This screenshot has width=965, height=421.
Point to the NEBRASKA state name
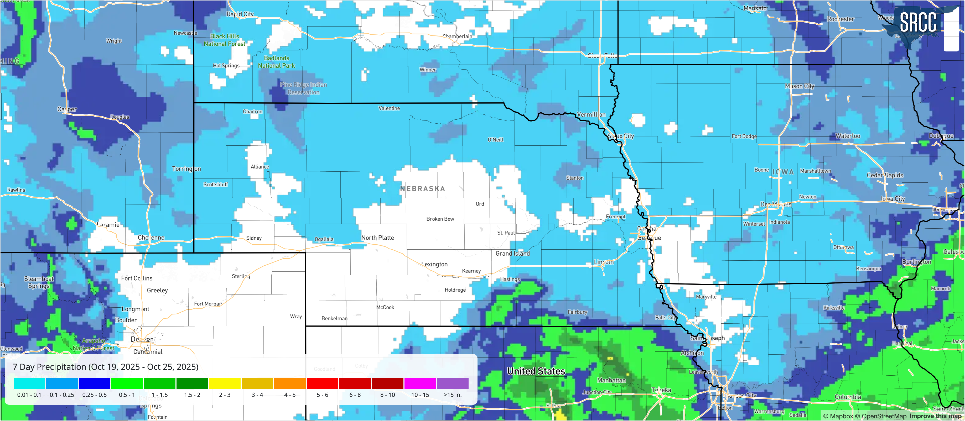(x=423, y=189)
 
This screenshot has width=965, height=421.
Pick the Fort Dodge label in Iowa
(x=744, y=136)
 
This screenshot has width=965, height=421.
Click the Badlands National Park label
(x=277, y=62)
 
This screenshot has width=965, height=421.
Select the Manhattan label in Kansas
(x=611, y=380)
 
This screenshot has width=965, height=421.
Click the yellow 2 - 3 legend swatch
(x=224, y=383)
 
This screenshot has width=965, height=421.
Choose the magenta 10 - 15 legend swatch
(x=420, y=383)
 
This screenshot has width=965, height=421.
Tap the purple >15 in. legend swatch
(x=453, y=383)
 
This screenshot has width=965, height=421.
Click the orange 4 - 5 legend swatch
(x=289, y=383)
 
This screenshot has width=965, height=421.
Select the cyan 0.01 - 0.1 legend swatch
(x=29, y=383)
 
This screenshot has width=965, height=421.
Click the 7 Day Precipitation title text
(x=105, y=367)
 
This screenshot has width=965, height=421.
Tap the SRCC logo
(x=918, y=23)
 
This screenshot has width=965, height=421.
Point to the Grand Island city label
(x=512, y=253)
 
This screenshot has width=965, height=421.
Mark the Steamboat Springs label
(x=39, y=282)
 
